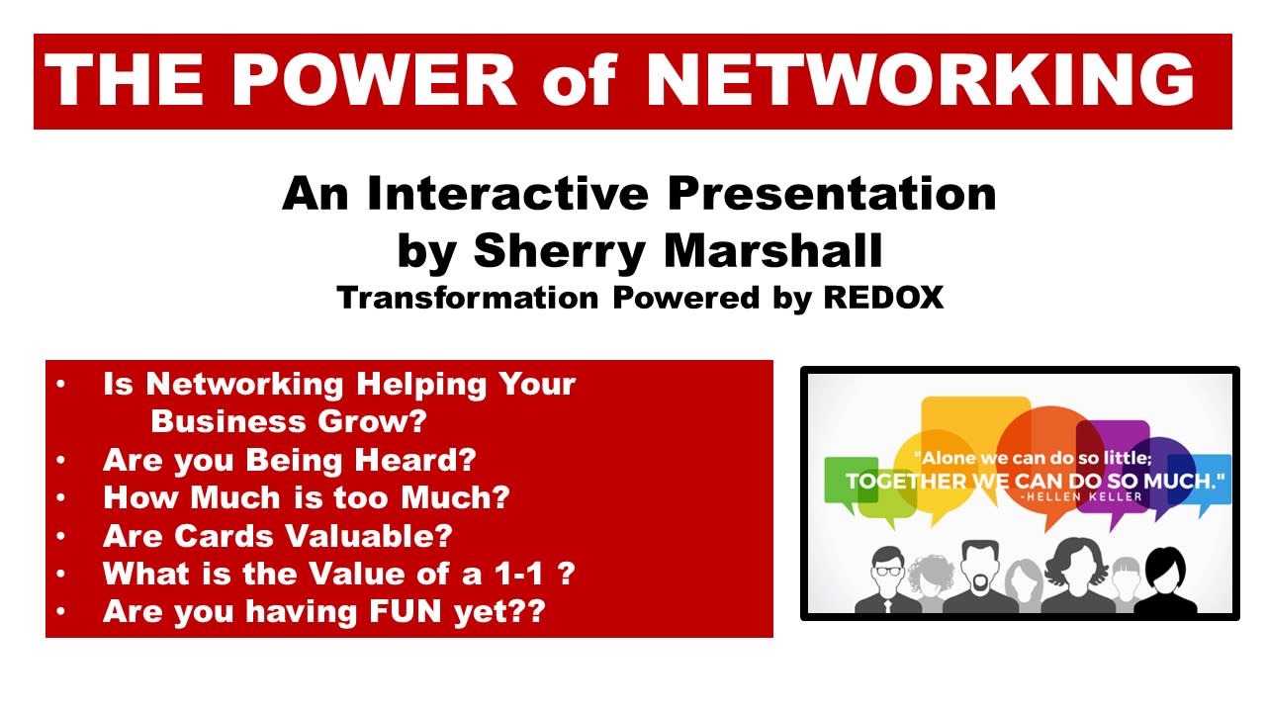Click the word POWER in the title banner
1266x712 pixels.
pos(374,80)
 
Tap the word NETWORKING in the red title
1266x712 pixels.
pos(920,80)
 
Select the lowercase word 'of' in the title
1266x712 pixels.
pos(579,81)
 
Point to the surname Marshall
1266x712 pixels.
pos(773,250)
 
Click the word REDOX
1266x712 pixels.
pos(883,298)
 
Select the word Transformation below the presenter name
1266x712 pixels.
pos(468,298)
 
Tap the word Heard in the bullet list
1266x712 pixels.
pos(414,460)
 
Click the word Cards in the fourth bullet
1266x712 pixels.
pos(220,536)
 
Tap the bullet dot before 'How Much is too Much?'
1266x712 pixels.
pos(61,498)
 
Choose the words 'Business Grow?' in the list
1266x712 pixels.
pos(289,421)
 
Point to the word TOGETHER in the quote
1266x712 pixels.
pos(906,482)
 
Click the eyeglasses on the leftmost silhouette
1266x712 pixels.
pos(889,571)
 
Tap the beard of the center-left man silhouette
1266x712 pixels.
pos(980,581)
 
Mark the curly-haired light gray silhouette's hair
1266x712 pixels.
pos(931,572)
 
